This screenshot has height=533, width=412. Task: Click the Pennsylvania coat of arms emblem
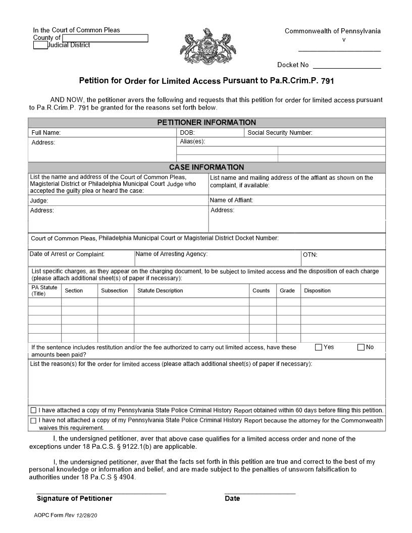click(204, 49)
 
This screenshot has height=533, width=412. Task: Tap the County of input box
click(105, 38)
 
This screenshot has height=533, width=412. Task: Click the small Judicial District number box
click(40, 45)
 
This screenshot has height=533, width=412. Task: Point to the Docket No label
click(292, 65)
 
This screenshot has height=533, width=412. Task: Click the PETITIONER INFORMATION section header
click(207, 123)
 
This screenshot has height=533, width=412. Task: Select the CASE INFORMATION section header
click(207, 167)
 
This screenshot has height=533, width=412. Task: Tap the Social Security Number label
click(280, 133)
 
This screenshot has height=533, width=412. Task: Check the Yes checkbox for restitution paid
click(319, 347)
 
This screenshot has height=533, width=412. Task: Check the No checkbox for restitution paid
click(361, 347)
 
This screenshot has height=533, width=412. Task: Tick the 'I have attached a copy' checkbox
click(33, 410)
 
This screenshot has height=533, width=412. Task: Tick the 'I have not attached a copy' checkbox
click(33, 420)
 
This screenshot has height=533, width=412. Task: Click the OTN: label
click(310, 255)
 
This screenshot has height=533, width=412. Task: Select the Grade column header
click(287, 291)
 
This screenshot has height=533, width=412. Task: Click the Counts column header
click(261, 291)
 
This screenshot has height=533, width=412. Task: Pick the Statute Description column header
click(160, 291)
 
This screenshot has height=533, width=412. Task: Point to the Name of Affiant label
click(231, 200)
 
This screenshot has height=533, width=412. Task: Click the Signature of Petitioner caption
click(74, 499)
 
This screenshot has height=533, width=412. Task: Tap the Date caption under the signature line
click(232, 499)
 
